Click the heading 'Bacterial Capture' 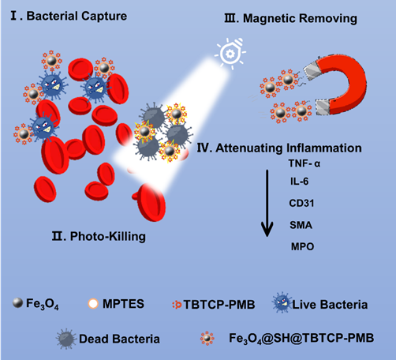pyautogui.click(x=77, y=16)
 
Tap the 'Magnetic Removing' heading pyautogui.click(x=300, y=18)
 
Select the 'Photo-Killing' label pyautogui.click(x=108, y=236)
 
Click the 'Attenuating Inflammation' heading pyautogui.click(x=289, y=148)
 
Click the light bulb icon pyautogui.click(x=230, y=54)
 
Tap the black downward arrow pyautogui.click(x=267, y=203)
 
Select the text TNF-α pyautogui.click(x=304, y=163)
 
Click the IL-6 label pyautogui.click(x=299, y=182)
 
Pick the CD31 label pyautogui.click(x=301, y=203)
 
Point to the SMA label pyautogui.click(x=301, y=225)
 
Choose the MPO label pyautogui.click(x=302, y=246)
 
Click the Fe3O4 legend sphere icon pyautogui.click(x=17, y=303)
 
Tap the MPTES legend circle pyautogui.click(x=93, y=303)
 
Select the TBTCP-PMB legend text pyautogui.click(x=219, y=305)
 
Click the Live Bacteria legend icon pyautogui.click(x=282, y=302)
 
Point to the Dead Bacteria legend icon pyautogui.click(x=66, y=339)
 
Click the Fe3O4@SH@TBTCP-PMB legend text pyautogui.click(x=301, y=338)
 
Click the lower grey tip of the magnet pyautogui.click(x=323, y=107)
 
